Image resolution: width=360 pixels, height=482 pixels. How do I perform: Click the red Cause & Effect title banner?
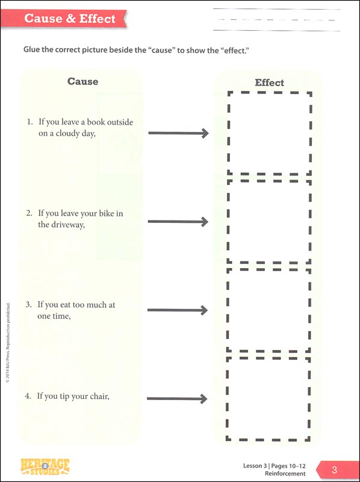[x=64, y=19]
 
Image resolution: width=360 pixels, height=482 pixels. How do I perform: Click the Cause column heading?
[x=82, y=81]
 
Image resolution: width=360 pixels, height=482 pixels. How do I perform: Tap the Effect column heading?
[x=269, y=83]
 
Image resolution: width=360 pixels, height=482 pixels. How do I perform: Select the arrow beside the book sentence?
[x=178, y=133]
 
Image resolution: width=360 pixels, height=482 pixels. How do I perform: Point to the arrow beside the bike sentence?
[x=178, y=222]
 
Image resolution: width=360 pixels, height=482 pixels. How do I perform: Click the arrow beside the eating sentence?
[x=178, y=310]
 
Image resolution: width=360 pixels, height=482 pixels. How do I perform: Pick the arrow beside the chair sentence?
[x=177, y=399]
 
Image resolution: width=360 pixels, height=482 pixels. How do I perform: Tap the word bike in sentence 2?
[x=107, y=213]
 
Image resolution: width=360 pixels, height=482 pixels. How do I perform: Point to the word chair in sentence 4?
[x=99, y=396]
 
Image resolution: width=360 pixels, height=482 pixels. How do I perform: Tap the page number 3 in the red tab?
[x=334, y=470]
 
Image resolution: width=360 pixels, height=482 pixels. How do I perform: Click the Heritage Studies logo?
[x=45, y=466]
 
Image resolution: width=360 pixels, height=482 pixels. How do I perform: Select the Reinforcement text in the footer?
[x=285, y=474]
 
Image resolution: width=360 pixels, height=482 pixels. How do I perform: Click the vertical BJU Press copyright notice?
[x=8, y=343]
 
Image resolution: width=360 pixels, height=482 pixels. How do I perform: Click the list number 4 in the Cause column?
[x=28, y=396]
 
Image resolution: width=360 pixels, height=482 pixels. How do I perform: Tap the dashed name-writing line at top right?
[x=276, y=20]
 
